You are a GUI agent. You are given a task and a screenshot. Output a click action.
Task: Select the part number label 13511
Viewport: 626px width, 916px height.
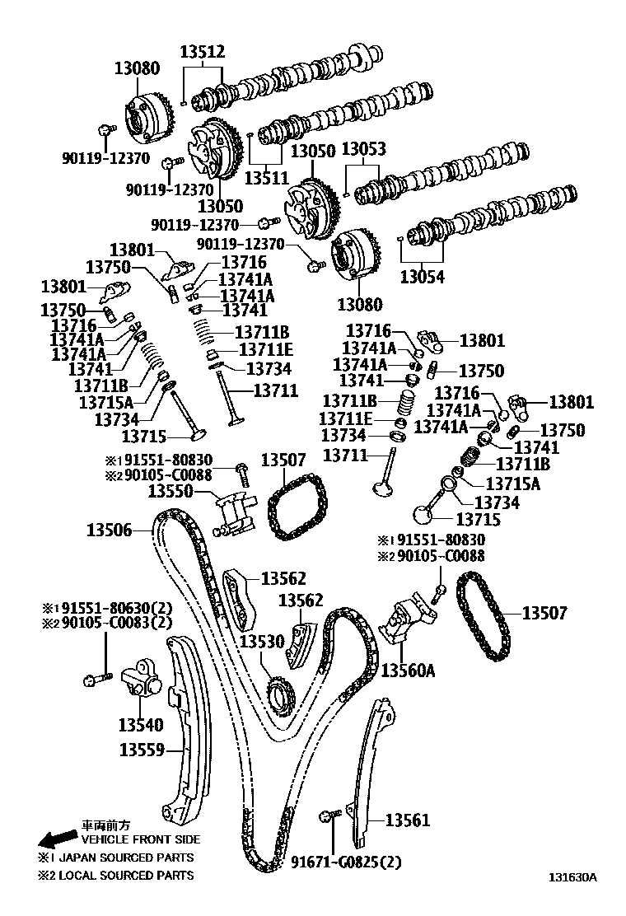tap(269, 176)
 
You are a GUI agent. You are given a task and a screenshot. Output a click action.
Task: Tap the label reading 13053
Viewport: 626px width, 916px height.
tap(363, 151)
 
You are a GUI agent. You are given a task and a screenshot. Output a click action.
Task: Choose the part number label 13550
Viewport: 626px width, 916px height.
tap(171, 492)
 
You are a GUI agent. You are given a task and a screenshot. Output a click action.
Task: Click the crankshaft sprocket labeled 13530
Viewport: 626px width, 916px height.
tap(280, 696)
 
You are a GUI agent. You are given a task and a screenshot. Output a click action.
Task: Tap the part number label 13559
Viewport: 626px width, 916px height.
tap(142, 750)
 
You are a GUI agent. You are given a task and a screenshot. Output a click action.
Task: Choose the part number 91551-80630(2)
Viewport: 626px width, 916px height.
tap(114, 609)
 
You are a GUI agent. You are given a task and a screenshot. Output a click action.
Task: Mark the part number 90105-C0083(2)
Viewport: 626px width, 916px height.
tap(114, 624)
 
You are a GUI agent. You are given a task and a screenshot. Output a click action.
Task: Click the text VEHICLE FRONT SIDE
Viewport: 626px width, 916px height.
tap(140, 839)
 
